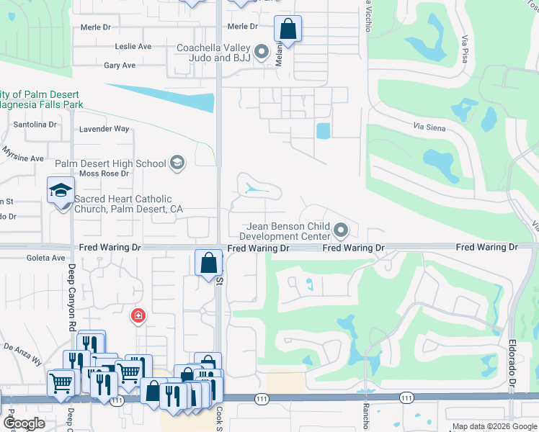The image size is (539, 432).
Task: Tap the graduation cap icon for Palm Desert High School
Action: [x=177, y=164]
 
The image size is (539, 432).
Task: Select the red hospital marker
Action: [x=137, y=315]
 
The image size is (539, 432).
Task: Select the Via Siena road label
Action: [x=429, y=128]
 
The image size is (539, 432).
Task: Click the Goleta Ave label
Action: [x=46, y=257]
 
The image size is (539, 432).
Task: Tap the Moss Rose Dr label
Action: [x=104, y=174]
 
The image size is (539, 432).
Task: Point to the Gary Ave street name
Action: [x=120, y=66]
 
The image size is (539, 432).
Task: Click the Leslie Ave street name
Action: [x=133, y=47]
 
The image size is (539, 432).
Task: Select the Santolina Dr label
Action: [x=35, y=125]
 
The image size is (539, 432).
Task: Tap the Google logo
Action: [x=24, y=423]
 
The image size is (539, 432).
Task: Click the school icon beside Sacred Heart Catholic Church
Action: [x=61, y=191]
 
